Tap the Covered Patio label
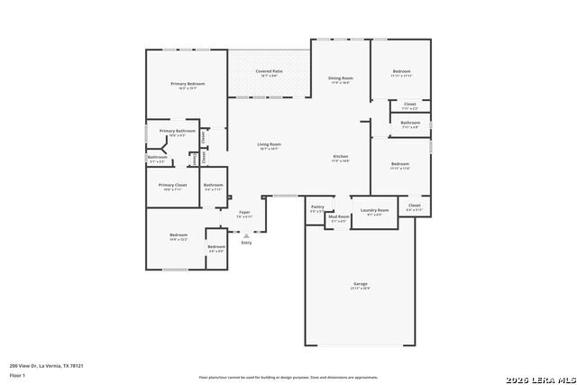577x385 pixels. [269, 71]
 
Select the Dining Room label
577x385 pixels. [340, 78]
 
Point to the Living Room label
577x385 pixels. [269, 144]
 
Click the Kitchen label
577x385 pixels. [341, 157]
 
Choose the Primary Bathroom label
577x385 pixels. [177, 132]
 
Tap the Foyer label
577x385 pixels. [244, 212]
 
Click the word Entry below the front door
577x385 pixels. [246, 243]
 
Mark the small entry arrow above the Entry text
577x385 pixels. [246, 235]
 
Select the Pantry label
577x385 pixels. [317, 206]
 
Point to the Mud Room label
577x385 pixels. [338, 216]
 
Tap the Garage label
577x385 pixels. [360, 284]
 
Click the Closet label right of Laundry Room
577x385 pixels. [414, 206]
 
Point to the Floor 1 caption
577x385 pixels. [18, 374]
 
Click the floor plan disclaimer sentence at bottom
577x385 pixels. [288, 377]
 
